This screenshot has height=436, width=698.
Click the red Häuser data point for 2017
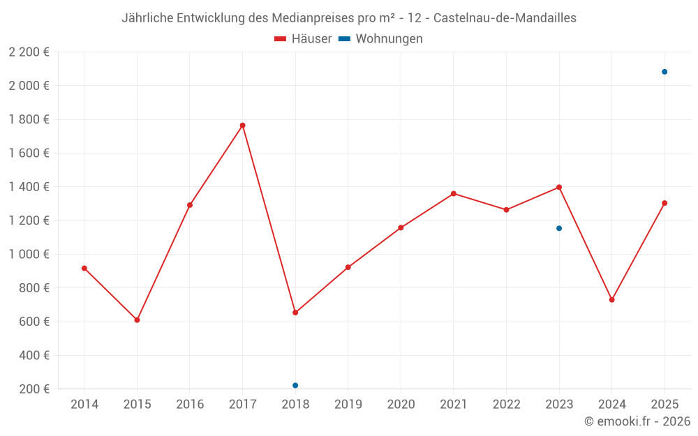point(242,126)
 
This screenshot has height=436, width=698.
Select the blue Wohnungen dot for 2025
point(664,72)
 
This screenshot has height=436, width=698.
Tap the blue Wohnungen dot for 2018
point(295,385)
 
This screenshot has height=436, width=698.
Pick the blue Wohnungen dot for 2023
point(559,228)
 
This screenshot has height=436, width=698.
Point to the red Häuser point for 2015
point(137,320)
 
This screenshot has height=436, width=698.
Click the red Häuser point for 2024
point(611,300)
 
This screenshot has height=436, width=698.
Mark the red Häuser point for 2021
point(454,193)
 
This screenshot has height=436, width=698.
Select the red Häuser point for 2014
point(84,268)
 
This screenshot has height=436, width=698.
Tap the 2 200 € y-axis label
point(29,52)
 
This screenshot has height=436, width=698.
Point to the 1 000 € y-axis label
point(29,254)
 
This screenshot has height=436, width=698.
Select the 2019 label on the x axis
point(348,405)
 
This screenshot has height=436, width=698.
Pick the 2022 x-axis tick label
point(506,405)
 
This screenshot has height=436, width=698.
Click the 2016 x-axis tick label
point(190,405)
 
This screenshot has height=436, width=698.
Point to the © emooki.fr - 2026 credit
point(637,421)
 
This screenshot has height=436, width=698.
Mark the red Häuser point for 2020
point(401,227)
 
